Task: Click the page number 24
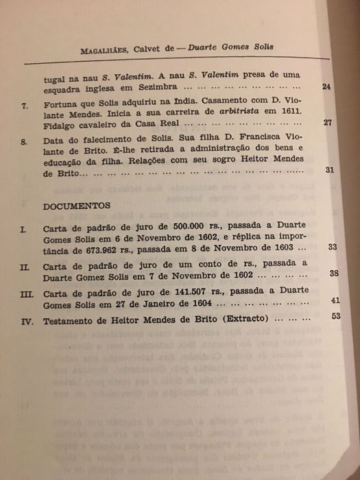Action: click(326, 87)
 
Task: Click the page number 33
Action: click(333, 246)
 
